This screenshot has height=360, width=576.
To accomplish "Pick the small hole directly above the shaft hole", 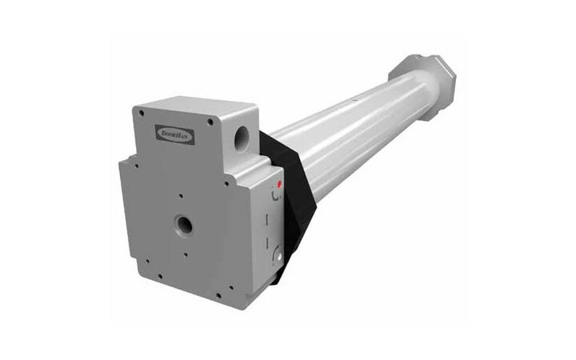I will tap(182, 194).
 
